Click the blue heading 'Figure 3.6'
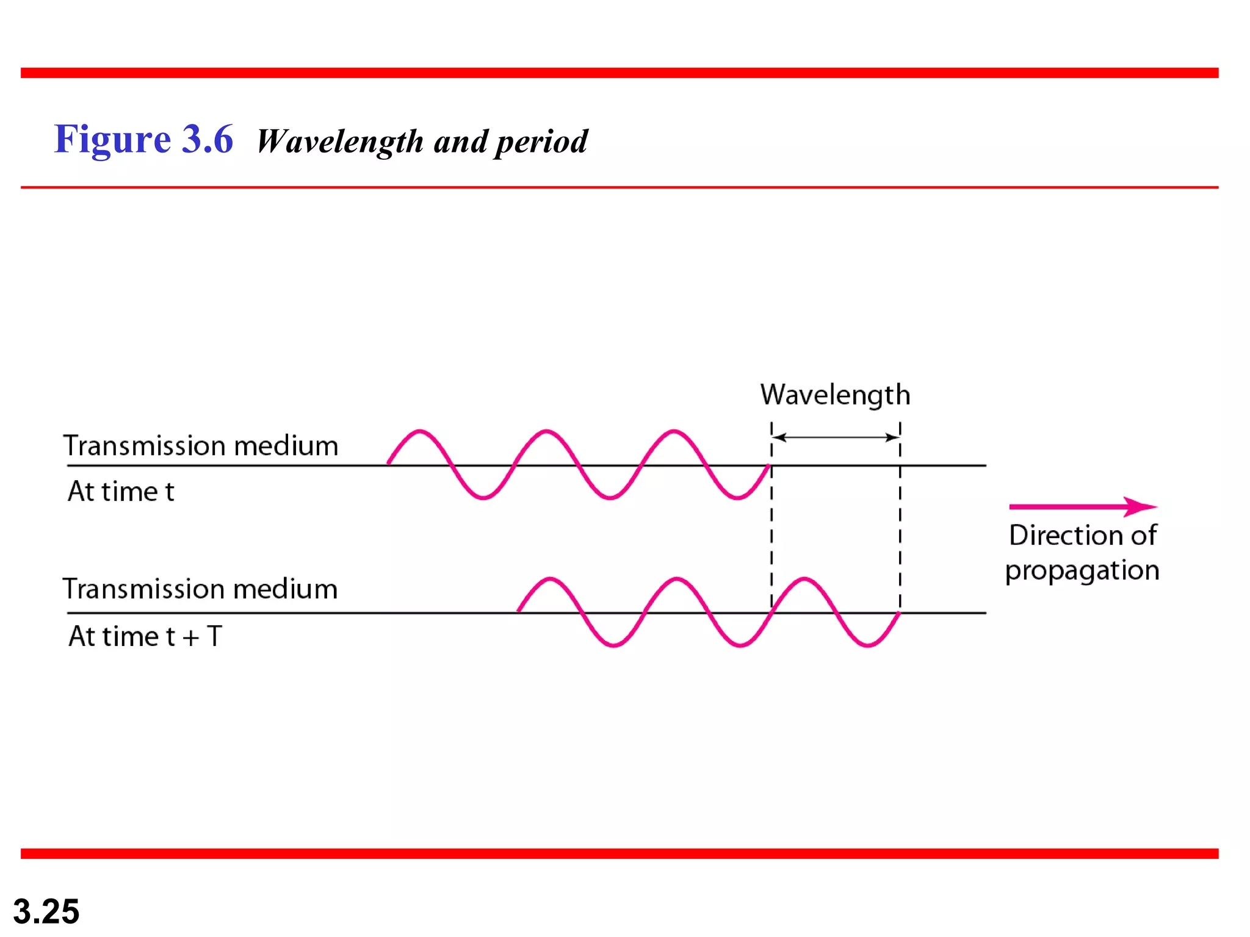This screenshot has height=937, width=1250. coord(143,139)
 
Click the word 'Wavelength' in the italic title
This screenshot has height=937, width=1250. coord(339,142)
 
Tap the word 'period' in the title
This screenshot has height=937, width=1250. coord(541,142)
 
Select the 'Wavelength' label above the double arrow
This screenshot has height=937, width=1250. coord(835,395)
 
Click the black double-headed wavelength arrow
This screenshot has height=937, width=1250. coord(836,437)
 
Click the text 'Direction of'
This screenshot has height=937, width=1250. coord(1082,535)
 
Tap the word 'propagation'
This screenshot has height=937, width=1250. coord(1082,570)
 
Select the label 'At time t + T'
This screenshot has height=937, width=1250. coord(145,636)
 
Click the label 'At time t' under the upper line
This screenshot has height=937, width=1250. coord(121,492)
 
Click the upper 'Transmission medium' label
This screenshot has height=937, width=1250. coord(201,446)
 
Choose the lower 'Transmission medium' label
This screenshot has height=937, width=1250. coord(200,589)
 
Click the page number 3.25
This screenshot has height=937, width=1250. coord(46,911)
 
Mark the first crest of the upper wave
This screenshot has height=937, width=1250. coord(419,432)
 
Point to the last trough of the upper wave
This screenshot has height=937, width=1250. coord(737,498)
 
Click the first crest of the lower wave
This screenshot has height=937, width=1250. coord(550,579)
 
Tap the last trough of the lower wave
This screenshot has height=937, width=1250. coord(867,645)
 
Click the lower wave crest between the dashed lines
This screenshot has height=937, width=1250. coord(804,579)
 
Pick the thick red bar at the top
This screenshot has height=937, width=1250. coord(620,73)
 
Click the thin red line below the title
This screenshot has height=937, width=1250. coord(620,187)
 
